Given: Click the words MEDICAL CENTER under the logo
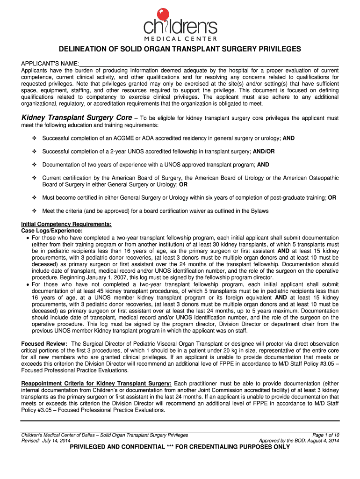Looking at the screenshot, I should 180,38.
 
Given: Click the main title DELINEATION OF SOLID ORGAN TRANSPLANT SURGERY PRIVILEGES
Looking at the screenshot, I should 180,50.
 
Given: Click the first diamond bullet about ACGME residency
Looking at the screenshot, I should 34,138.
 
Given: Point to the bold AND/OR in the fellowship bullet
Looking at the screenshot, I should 264,152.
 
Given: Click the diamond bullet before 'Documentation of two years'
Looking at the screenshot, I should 34,165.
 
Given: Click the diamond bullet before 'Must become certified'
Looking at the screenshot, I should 34,198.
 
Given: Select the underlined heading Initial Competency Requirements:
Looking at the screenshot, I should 66,224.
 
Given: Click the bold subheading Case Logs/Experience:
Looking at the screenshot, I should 52,231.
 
